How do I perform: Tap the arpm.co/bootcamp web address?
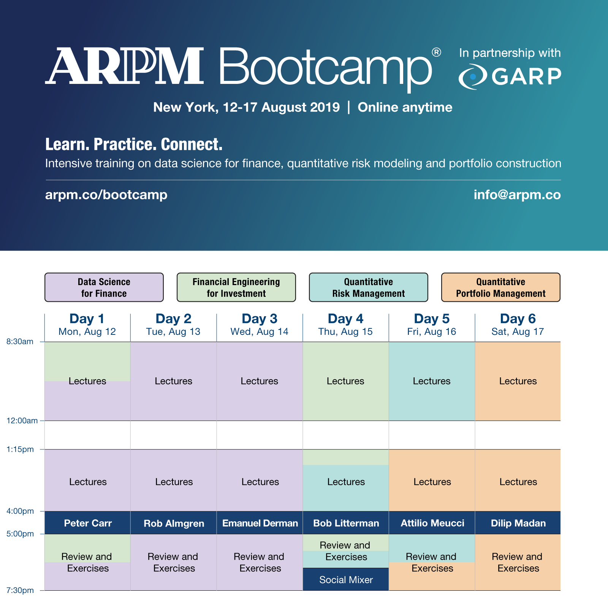[x=106, y=195]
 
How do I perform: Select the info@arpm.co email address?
[x=517, y=195]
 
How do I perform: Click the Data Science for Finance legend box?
[x=104, y=287]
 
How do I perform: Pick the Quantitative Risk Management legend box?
[x=369, y=287]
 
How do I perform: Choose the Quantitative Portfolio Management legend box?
[x=501, y=287]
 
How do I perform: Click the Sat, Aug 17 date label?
[x=518, y=332]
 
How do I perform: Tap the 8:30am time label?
[x=20, y=342]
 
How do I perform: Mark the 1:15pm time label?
[x=20, y=449]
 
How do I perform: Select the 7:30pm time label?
[x=20, y=590]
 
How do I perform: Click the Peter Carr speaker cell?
[x=88, y=523]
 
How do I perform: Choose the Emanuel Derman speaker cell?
[x=260, y=523]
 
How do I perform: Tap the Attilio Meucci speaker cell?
[x=432, y=523]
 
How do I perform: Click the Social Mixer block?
[x=346, y=579]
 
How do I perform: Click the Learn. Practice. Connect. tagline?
[x=134, y=145]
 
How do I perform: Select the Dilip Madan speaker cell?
[x=518, y=523]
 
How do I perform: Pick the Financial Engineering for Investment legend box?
[x=236, y=287]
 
